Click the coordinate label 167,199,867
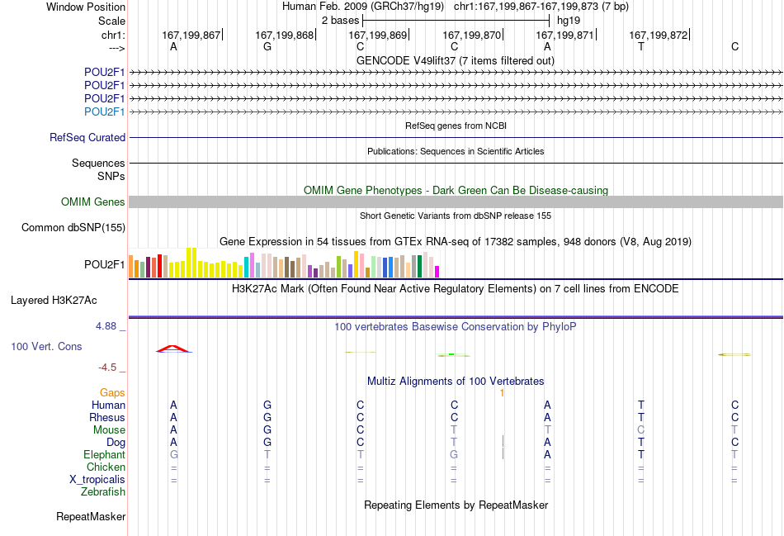[191, 35]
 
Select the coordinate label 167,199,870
[471, 35]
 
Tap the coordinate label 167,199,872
[658, 35]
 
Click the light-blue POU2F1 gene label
[105, 111]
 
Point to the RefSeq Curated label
[87, 138]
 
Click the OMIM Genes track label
[93, 202]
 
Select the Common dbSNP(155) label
[73, 228]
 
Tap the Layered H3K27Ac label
[54, 301]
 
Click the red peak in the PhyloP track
[173, 349]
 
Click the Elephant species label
[105, 454]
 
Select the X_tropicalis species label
[97, 480]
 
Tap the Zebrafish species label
[103, 492]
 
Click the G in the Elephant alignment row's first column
[174, 454]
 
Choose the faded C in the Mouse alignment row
[641, 430]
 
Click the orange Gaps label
[112, 393]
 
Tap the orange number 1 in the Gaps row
[502, 393]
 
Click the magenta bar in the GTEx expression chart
[437, 272]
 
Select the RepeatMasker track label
[91, 516]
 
